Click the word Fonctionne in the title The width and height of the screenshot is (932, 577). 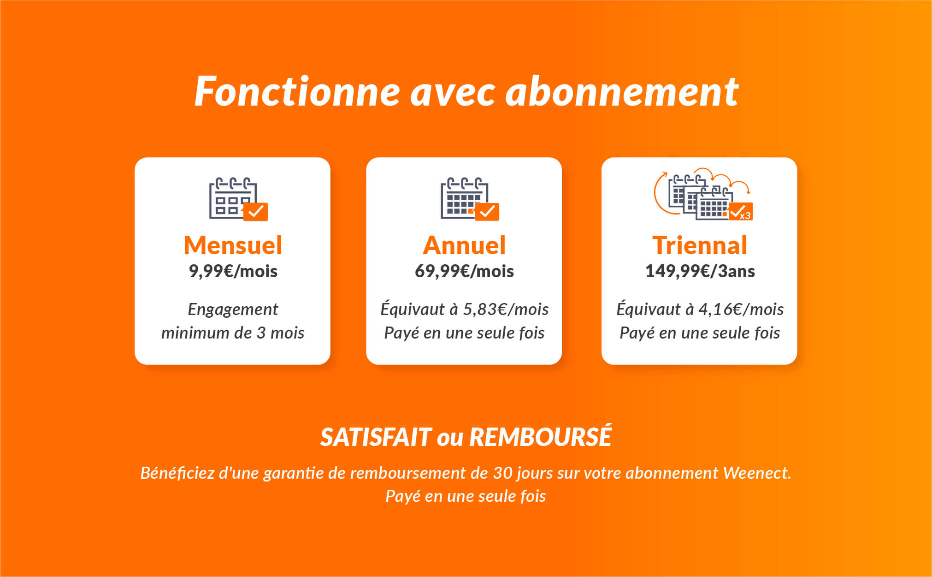[297, 91]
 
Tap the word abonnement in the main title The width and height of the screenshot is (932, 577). [622, 91]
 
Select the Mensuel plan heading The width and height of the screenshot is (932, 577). [233, 245]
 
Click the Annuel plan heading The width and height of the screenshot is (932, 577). [464, 245]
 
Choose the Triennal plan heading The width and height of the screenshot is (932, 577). [700, 245]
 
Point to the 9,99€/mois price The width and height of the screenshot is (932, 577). [233, 271]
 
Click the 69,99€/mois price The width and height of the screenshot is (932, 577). [464, 271]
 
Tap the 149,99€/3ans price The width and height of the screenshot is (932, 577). [700, 271]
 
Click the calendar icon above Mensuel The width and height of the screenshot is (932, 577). [238, 199]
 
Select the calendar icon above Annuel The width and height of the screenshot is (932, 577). [470, 199]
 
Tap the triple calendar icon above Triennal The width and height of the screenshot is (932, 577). [703, 194]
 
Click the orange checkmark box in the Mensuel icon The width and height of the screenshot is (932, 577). [256, 212]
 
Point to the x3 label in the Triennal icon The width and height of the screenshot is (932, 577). [745, 216]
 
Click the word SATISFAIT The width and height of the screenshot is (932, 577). [376, 437]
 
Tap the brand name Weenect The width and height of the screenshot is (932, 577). [757, 473]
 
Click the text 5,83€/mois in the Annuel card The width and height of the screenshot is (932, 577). [506, 309]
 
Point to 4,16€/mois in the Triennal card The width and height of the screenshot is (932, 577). [741, 309]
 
